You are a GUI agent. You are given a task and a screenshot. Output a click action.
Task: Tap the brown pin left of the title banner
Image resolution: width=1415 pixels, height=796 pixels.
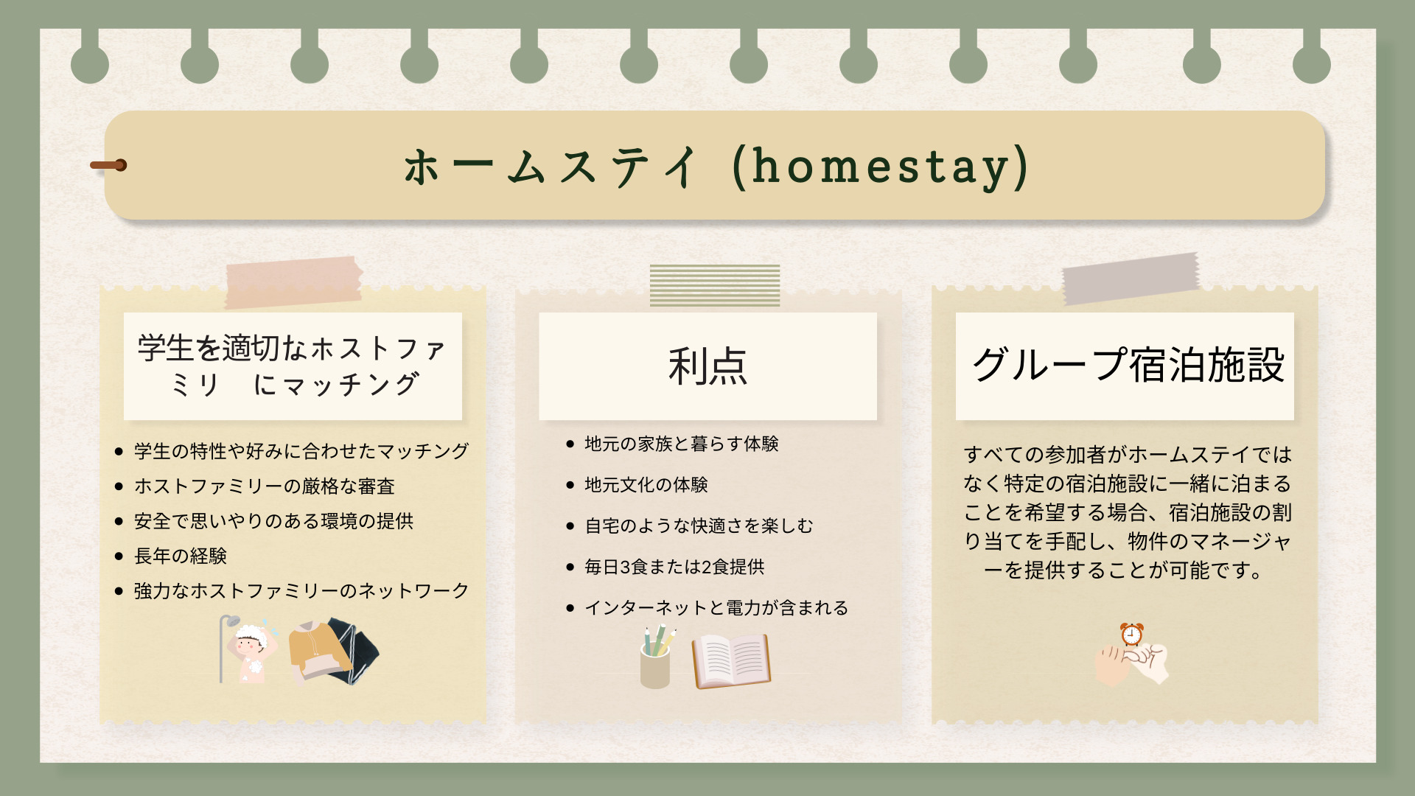tap(108, 165)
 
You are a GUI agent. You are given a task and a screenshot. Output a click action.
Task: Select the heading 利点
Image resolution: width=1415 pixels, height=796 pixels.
tap(707, 366)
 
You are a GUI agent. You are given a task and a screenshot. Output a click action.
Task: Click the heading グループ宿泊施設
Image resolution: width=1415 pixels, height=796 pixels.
tap(1128, 365)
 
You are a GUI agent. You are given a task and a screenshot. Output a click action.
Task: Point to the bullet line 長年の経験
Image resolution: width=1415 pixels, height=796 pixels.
tap(180, 556)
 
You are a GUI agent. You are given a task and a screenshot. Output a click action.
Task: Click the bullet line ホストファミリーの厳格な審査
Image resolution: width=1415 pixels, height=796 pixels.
tap(264, 486)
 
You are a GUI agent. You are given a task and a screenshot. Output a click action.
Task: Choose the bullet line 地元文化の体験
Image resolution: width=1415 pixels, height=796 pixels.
tap(646, 484)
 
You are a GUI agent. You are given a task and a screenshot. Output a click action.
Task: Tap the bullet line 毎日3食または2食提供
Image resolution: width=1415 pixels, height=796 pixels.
tap(674, 567)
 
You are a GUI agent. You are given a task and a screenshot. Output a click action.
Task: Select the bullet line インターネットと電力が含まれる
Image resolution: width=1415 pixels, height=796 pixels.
tap(716, 607)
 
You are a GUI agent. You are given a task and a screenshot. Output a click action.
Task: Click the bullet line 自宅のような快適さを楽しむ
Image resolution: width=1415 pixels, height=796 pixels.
tap(699, 526)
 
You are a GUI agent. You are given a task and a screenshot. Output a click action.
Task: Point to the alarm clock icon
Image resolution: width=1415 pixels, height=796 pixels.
tap(1131, 635)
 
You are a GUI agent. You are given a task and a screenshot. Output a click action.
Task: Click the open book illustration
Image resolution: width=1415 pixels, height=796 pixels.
tap(731, 661)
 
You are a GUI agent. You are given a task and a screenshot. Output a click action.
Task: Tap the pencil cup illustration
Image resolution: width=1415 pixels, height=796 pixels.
tap(656, 657)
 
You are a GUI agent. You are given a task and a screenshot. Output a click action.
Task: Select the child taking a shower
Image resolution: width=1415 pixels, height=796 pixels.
tap(251, 651)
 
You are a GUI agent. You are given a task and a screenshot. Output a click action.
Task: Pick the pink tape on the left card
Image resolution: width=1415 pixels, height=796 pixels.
tap(293, 282)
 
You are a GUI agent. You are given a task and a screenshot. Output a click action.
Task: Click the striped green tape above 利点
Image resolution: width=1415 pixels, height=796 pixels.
tap(715, 285)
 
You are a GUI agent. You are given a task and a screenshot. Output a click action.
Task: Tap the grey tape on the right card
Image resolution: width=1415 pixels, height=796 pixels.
tap(1131, 278)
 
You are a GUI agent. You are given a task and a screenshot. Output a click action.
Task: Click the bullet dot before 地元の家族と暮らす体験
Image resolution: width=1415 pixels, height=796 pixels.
tap(570, 444)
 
